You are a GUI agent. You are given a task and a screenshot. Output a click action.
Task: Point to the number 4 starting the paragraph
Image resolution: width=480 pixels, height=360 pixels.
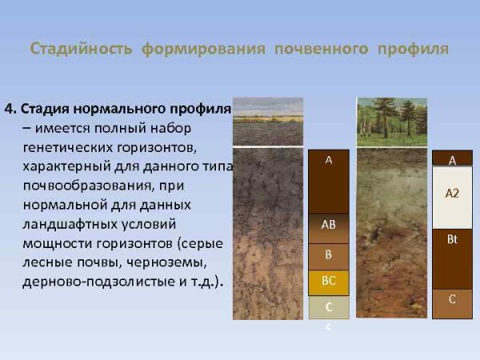pyautogui.click(x=8, y=109)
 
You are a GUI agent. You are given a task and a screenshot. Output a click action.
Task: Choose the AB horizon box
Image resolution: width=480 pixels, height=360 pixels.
pyautogui.click(x=328, y=226)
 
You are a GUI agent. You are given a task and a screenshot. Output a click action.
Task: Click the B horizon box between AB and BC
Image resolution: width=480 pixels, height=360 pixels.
pyautogui.click(x=328, y=256)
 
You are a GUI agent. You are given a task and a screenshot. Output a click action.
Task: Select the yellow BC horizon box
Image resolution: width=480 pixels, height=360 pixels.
pyautogui.click(x=328, y=282)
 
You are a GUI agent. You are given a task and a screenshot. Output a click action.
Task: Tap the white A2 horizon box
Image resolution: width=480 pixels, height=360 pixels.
pyautogui.click(x=452, y=195)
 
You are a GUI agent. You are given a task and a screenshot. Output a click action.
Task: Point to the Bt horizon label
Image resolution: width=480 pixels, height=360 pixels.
pyautogui.click(x=452, y=239)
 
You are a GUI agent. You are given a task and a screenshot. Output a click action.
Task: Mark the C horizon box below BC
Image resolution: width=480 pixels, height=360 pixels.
pyautogui.click(x=328, y=307)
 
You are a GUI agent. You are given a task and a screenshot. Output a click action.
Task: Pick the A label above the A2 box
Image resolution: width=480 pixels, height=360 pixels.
pyautogui.click(x=452, y=160)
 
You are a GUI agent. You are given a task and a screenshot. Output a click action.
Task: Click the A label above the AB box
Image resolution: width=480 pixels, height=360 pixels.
pyautogui.click(x=328, y=160)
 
